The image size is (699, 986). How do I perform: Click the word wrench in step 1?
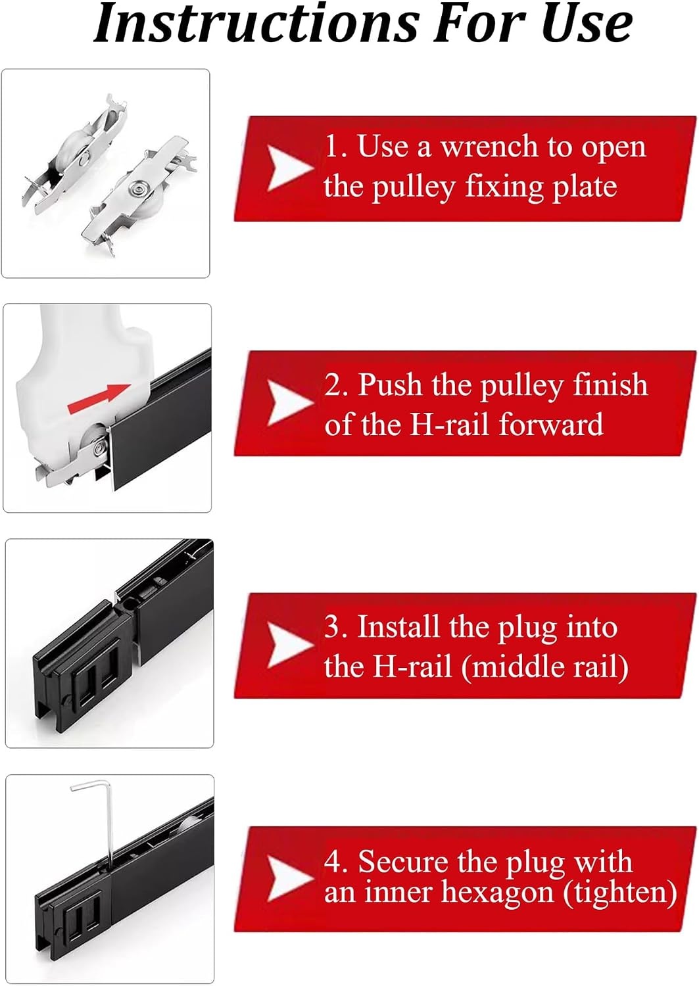(x=489, y=147)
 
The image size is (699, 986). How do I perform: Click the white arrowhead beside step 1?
(x=290, y=168)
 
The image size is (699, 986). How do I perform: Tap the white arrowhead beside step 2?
(x=290, y=404)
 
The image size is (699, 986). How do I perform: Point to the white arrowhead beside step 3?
(x=290, y=645)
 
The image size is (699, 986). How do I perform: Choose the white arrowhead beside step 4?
(x=290, y=878)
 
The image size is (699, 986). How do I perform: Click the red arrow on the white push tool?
(x=99, y=399)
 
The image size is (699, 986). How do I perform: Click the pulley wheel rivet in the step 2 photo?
(x=101, y=448)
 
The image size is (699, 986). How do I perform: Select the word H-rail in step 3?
(x=412, y=667)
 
